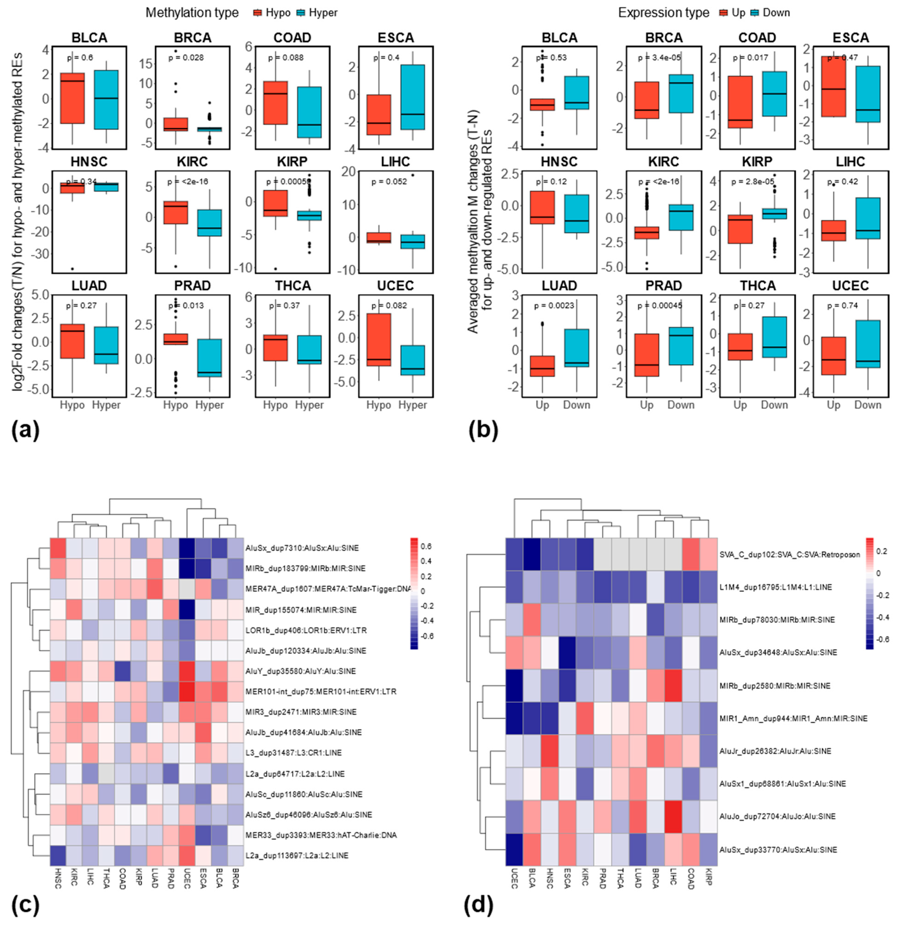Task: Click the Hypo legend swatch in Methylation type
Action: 257,13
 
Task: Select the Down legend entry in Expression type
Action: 776,13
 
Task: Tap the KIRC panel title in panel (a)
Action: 192,162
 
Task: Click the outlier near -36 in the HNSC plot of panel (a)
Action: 72,269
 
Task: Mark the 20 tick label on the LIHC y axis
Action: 349,172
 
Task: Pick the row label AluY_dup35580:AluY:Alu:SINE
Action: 300,671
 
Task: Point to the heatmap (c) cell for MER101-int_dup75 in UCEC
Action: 187,691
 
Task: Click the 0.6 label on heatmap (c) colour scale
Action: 426,546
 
